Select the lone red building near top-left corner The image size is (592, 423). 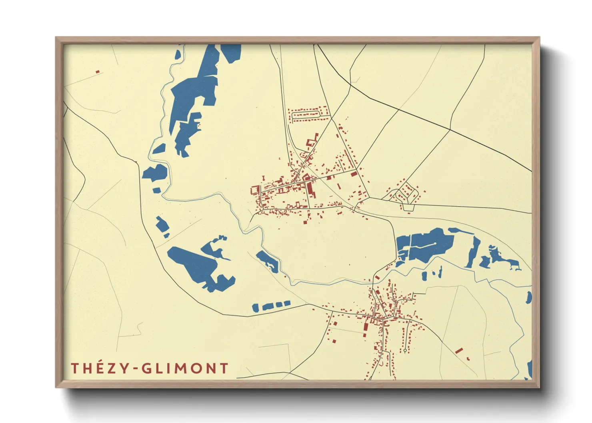[97, 72]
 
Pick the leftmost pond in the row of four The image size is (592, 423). [256, 308]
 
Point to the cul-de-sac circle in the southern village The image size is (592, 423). [405, 351]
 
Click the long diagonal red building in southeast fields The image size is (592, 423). [459, 351]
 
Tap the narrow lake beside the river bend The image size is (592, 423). [267, 261]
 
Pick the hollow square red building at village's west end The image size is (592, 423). [255, 190]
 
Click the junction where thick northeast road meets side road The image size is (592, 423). [450, 130]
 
